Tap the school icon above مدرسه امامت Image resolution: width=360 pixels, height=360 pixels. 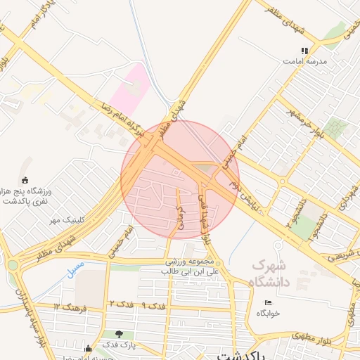tap(304, 51)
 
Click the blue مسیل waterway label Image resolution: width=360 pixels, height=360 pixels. tap(76, 268)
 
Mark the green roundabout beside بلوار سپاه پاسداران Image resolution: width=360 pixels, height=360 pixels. tap(13, 265)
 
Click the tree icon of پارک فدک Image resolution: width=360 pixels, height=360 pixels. tap(118, 334)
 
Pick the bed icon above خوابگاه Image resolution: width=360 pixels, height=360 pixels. tap(268, 302)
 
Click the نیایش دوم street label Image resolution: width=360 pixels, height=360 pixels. tap(250, 200)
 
